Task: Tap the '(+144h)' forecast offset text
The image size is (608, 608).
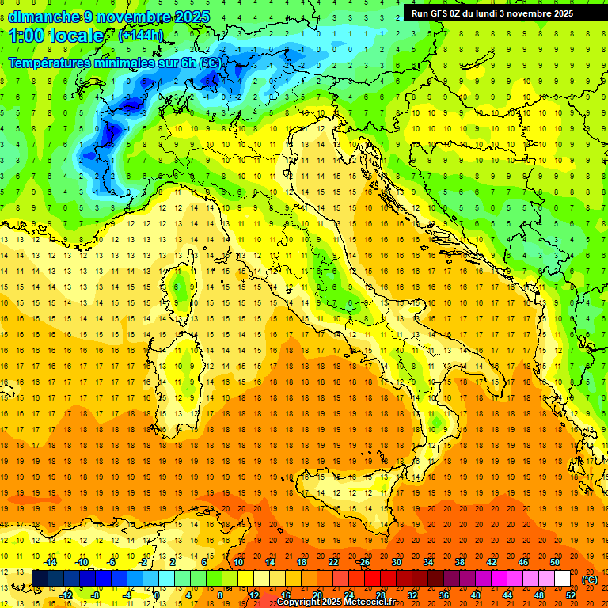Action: point(141,35)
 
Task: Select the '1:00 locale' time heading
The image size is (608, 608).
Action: point(56,36)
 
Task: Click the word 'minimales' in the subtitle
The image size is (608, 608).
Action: point(120,63)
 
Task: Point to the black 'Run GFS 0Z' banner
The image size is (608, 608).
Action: point(499,13)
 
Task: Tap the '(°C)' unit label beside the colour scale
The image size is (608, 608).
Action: point(590,579)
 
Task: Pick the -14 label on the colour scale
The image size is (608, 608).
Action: point(50,562)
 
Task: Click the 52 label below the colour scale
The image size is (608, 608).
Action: point(571,595)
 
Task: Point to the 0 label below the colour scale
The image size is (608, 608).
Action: point(158,595)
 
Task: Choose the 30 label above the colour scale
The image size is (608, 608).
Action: point(396,562)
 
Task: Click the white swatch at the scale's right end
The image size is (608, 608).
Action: point(563,579)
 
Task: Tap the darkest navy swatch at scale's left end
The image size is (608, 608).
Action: point(40,579)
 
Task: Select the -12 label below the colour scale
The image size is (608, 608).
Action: point(66,595)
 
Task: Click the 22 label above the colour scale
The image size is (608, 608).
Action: point(333,562)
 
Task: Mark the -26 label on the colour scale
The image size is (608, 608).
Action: point(363,562)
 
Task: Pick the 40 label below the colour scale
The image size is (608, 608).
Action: point(476,595)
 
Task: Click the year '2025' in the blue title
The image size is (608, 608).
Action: point(191,17)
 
